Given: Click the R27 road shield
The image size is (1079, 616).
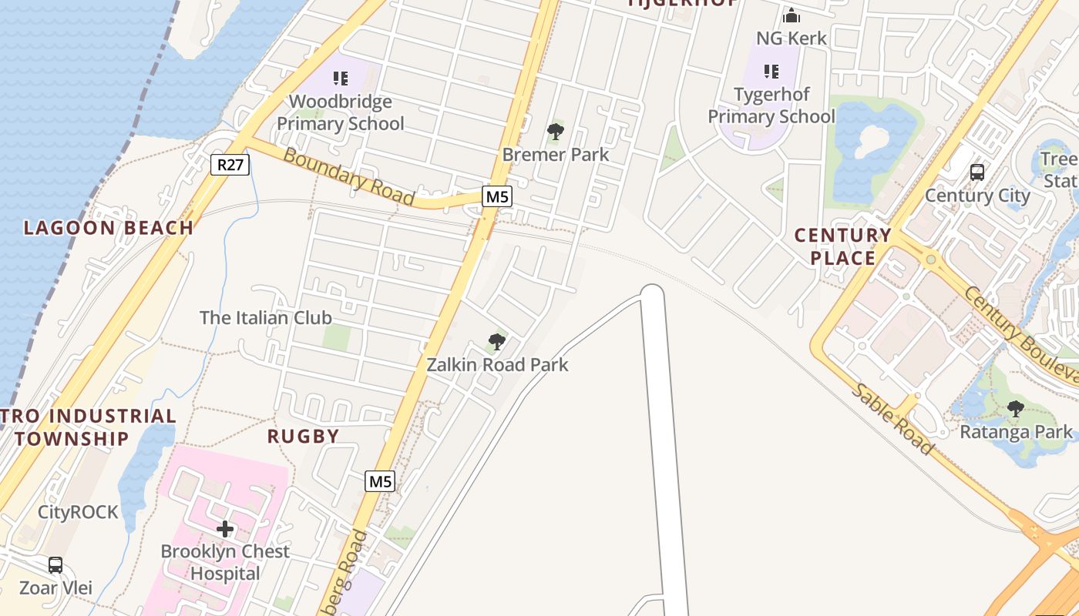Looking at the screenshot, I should pyautogui.click(x=230, y=164).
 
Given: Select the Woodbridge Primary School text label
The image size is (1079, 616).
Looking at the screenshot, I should pyautogui.click(x=341, y=112).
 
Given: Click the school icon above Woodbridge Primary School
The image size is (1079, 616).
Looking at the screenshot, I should pyautogui.click(x=340, y=78).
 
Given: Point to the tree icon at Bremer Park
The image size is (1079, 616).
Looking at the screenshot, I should pyautogui.click(x=555, y=132).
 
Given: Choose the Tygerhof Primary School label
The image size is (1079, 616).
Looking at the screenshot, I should pyautogui.click(x=771, y=105).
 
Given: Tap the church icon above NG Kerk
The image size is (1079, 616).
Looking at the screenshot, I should pyautogui.click(x=792, y=15).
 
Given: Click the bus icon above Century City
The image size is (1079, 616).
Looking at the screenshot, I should pyautogui.click(x=977, y=172).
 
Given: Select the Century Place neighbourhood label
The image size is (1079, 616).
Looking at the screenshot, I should pyautogui.click(x=842, y=246).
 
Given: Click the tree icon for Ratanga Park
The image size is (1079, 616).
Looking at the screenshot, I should pyautogui.click(x=1016, y=409).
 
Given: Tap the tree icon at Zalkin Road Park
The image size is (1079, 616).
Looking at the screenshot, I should pyautogui.click(x=497, y=342).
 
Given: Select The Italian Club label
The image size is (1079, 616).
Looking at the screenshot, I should pyautogui.click(x=266, y=317).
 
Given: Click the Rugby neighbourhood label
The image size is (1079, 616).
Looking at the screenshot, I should pyautogui.click(x=304, y=436).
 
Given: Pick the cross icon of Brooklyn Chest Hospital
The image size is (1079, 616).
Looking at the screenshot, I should pyautogui.click(x=225, y=529).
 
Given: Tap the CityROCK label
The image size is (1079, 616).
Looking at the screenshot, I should pyautogui.click(x=79, y=512).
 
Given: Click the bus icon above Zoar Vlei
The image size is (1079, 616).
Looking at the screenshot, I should pyautogui.click(x=55, y=565).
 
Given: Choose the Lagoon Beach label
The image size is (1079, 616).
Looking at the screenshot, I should pyautogui.click(x=109, y=227).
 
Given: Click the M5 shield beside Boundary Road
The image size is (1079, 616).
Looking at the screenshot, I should pyautogui.click(x=497, y=196).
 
